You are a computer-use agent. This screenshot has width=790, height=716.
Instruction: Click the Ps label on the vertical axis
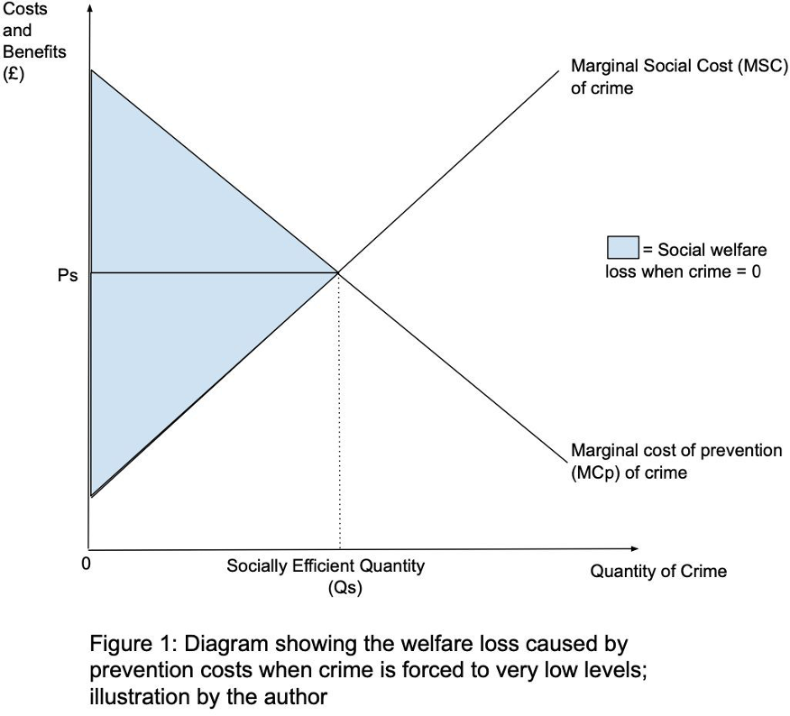68,277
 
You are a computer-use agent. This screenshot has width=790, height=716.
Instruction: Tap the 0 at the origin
85,565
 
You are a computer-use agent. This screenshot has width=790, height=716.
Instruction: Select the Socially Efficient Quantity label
325,566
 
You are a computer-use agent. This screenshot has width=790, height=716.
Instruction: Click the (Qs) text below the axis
345,588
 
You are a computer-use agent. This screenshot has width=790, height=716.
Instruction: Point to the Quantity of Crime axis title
658,571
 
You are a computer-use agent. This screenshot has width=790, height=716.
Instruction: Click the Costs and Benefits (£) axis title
33,41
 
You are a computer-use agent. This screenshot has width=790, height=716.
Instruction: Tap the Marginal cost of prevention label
676,450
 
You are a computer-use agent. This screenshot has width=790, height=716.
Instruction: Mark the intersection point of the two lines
338,271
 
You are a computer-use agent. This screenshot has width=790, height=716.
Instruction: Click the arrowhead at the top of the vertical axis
89,9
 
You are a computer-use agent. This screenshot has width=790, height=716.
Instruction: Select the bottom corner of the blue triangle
91,495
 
